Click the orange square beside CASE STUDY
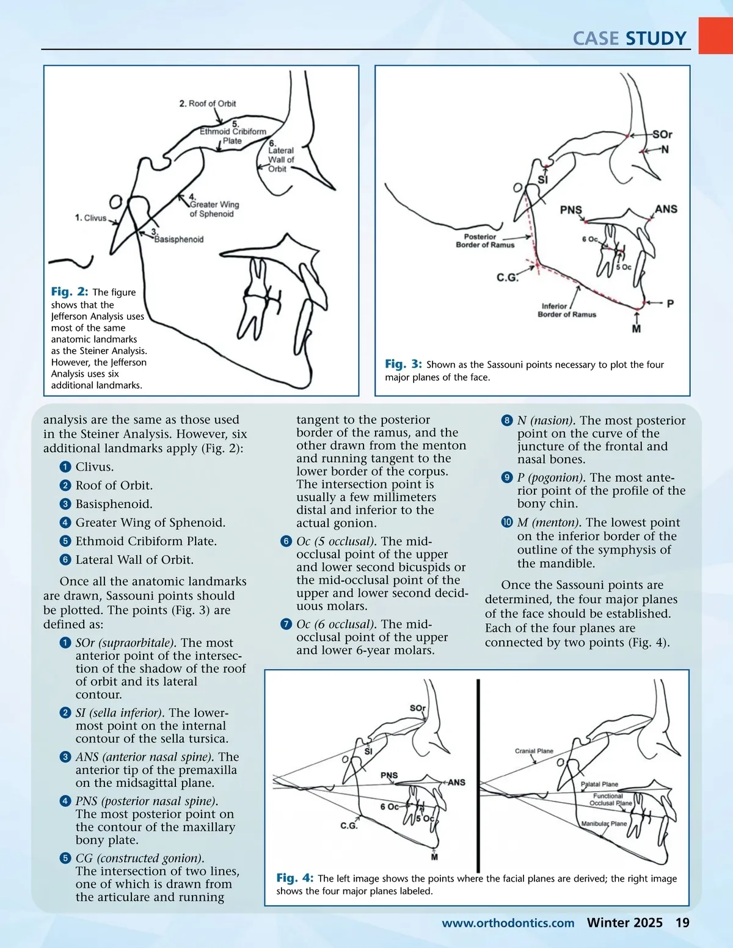[x=715, y=35]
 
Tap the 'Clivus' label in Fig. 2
[x=90, y=218]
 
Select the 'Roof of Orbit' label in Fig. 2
[x=208, y=104]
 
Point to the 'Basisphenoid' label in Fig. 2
[x=178, y=239]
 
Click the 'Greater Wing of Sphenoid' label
[x=214, y=209]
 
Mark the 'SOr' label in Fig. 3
[x=662, y=134]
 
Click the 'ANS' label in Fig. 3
[x=666, y=209]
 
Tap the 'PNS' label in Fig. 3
[x=571, y=210]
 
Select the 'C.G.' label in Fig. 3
[x=507, y=278]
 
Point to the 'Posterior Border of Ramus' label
[x=485, y=241]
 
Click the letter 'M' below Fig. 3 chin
[x=636, y=329]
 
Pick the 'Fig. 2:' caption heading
[x=70, y=292]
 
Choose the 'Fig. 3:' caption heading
[x=403, y=364]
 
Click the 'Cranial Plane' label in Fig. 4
[x=534, y=751]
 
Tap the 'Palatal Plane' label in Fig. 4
[x=599, y=784]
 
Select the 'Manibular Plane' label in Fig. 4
[x=604, y=823]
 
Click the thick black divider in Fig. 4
[x=478, y=775]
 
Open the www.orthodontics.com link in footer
[x=508, y=923]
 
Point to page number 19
[x=682, y=923]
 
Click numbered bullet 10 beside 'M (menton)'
[x=507, y=523]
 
